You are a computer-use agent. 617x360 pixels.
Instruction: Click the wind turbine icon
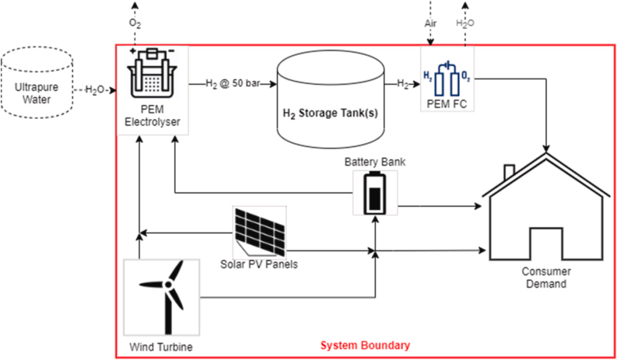pos(161,297)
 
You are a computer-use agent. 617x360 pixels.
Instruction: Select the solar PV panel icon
pos(259,232)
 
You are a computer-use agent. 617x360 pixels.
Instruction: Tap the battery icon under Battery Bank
pos(375,193)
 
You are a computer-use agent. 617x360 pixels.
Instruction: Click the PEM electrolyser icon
pos(152,75)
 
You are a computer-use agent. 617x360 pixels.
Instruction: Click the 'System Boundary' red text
pos(365,346)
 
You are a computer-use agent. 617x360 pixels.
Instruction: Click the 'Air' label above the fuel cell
pos(430,24)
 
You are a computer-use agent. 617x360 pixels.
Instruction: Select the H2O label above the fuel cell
pos(465,24)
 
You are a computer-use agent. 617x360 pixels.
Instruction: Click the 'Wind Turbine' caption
pos(161,347)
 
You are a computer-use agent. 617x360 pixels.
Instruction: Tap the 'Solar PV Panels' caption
pos(259,264)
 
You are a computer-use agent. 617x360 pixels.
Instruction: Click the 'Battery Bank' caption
pos(375,162)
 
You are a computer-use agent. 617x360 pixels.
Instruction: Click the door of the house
pos(547,244)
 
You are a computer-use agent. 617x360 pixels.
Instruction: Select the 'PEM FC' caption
pos(446,104)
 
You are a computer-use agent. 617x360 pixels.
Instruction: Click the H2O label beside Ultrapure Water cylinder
pos(96,90)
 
